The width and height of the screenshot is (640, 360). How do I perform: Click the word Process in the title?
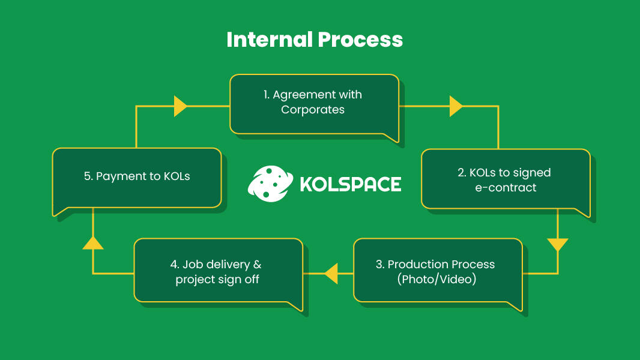pyautogui.click(x=360, y=40)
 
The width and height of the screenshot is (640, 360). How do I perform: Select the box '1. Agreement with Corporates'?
pyautogui.click(x=313, y=103)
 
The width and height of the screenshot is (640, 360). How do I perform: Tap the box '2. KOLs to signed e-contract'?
pyautogui.click(x=504, y=179)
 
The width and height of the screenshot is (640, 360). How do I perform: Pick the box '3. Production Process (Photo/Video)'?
pyautogui.click(x=436, y=271)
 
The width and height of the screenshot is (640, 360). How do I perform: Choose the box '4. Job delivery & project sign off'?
pyautogui.click(x=217, y=271)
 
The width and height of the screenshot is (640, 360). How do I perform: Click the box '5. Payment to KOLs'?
pyautogui.click(x=136, y=177)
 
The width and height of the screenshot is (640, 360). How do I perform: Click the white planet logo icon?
pyautogui.click(x=268, y=184)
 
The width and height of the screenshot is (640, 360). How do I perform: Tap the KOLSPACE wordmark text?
pyautogui.click(x=350, y=184)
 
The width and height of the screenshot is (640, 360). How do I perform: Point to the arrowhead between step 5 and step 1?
pyautogui.click(x=180, y=106)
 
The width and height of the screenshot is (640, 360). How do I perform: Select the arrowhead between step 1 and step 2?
pyautogui.click(x=456, y=106)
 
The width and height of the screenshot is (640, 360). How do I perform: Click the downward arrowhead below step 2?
pyautogui.click(x=558, y=245)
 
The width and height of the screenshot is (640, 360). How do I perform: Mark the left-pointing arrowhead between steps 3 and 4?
pyautogui.click(x=331, y=274)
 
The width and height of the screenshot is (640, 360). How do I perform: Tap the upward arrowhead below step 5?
pyautogui.click(x=93, y=242)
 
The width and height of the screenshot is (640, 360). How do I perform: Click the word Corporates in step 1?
pyautogui.click(x=313, y=110)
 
